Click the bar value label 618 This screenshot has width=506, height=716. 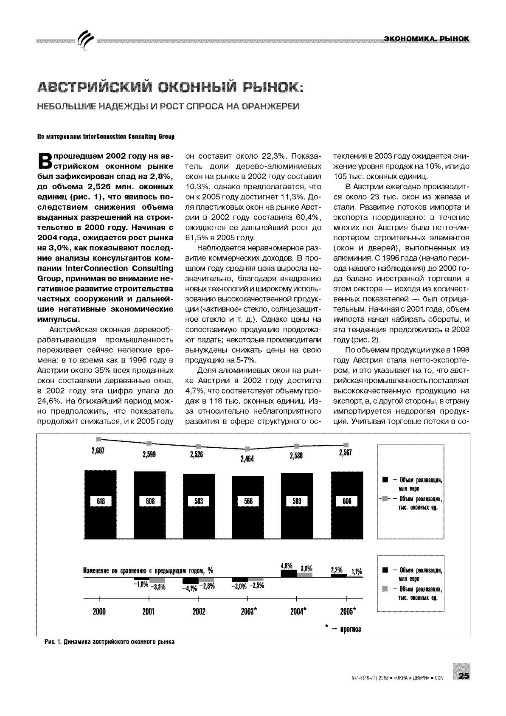click(x=101, y=501)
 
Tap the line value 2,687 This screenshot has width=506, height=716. click(x=98, y=452)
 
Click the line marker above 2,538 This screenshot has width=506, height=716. click(x=297, y=446)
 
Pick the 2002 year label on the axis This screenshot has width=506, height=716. click(x=199, y=612)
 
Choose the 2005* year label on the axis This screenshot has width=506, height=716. click(x=348, y=612)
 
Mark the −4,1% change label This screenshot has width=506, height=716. click(x=190, y=588)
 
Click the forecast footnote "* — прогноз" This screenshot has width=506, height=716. click(x=343, y=629)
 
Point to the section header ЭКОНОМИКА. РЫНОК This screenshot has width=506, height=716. click(x=426, y=39)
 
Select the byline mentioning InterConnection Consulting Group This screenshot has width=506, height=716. click(x=106, y=137)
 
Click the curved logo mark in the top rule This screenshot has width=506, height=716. click(x=86, y=40)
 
